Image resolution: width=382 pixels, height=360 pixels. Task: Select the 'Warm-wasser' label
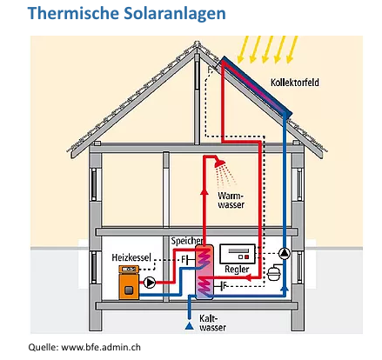click(x=231, y=201)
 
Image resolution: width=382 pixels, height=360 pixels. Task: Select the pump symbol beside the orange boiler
click(x=151, y=283)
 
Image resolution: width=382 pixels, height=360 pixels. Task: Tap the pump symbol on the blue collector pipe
click(x=285, y=256)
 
